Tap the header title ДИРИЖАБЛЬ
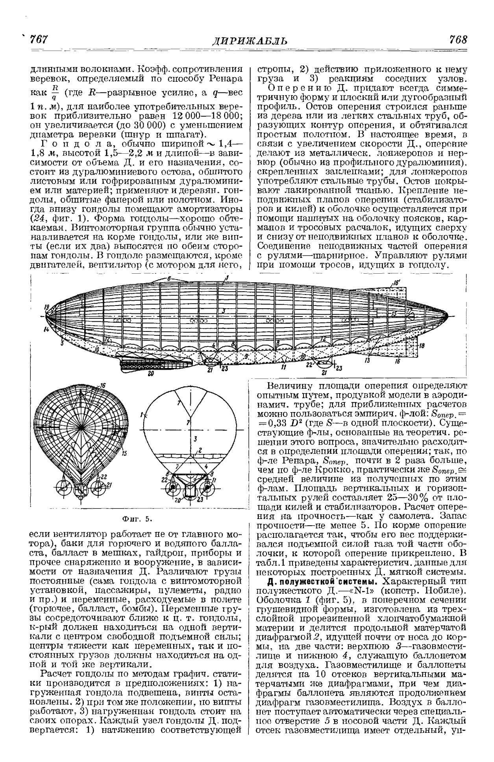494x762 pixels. (250, 41)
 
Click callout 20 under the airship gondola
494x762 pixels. (151, 374)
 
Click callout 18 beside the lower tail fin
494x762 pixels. (422, 346)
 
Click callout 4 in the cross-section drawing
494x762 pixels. (206, 466)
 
